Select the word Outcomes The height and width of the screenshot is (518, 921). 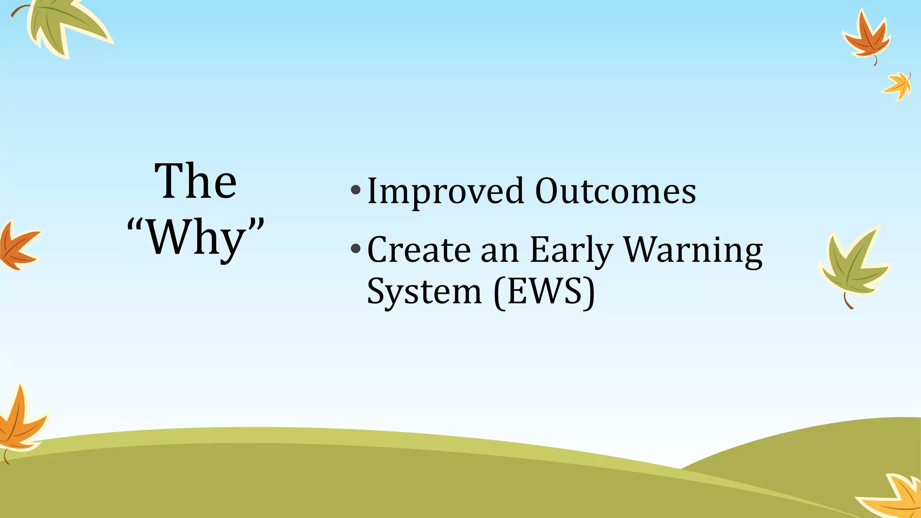pyautogui.click(x=615, y=191)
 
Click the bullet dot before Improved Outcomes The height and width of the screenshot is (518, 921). pyautogui.click(x=356, y=190)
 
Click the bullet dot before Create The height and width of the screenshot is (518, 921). pyautogui.click(x=356, y=248)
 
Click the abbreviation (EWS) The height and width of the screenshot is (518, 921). pyautogui.click(x=544, y=292)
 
